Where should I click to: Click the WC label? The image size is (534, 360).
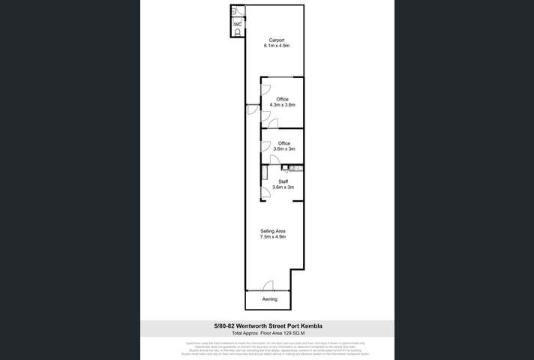(238, 24)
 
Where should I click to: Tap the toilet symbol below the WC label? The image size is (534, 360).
(238, 33)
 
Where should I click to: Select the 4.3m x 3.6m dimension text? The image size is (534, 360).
(282, 105)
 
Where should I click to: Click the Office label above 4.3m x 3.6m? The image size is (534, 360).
(282, 99)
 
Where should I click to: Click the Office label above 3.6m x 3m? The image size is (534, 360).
(283, 143)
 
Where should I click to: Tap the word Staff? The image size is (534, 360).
(283, 181)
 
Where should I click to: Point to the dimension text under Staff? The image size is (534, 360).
(283, 187)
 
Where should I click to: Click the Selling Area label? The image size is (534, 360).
(272, 230)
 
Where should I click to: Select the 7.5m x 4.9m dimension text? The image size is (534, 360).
(272, 236)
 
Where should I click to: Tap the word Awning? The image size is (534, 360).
(270, 299)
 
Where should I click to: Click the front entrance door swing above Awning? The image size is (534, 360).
(268, 286)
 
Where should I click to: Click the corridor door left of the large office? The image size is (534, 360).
(251, 110)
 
